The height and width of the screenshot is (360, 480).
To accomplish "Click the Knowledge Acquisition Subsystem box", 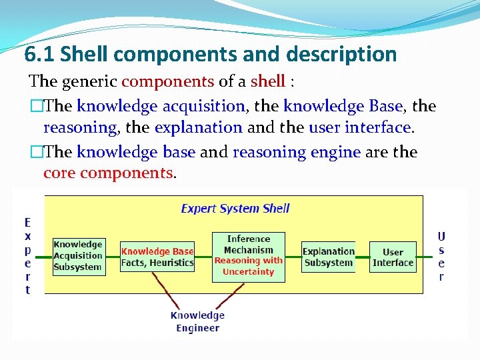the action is (x=78, y=257).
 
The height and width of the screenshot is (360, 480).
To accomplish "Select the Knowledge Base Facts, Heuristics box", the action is (x=157, y=257).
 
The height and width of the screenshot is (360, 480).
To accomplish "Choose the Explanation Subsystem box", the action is (x=328, y=257).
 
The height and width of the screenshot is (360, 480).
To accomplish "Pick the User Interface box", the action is (x=393, y=257).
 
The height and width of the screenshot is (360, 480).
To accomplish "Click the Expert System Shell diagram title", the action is (x=235, y=208).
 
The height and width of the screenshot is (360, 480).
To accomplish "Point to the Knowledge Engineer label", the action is (x=197, y=321).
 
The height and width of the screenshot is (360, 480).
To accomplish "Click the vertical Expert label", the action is (x=27, y=257).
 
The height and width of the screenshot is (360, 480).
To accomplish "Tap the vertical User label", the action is (x=441, y=257).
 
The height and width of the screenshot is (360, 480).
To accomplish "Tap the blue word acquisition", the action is (x=204, y=105).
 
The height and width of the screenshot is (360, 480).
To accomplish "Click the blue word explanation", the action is (x=198, y=127).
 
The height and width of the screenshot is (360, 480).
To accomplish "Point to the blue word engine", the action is (x=336, y=152).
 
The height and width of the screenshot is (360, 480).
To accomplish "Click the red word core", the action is (x=59, y=173).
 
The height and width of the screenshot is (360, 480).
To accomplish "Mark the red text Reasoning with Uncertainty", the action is (x=249, y=266).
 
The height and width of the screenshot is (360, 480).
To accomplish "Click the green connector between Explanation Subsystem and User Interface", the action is (x=362, y=257).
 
